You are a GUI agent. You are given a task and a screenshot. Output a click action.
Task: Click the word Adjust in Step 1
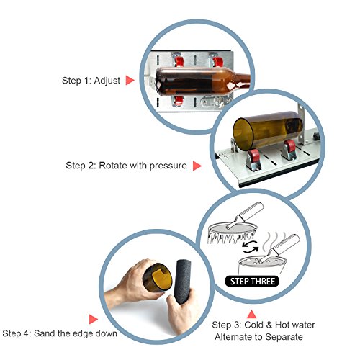point(107,81)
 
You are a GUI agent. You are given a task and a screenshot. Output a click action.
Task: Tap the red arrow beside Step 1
point(130,81)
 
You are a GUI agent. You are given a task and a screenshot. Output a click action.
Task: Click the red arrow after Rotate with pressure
point(197,166)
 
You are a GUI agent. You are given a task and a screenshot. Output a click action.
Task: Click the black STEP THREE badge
point(252,282)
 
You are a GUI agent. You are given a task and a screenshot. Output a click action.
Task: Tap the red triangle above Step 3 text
point(251,315)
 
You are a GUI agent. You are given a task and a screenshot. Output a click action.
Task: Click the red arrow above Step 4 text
point(93,319)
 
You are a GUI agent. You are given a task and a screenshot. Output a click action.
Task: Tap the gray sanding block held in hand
point(183,282)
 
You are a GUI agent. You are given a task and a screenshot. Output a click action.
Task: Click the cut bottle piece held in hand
point(158,278)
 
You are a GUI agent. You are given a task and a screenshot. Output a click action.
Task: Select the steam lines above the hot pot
point(274,240)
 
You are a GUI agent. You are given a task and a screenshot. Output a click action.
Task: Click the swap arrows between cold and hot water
point(251,247)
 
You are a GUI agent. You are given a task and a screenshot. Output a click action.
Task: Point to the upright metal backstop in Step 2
point(302,125)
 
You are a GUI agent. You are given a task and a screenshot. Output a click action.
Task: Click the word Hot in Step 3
point(282,325)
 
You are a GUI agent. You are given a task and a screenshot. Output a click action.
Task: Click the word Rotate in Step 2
point(113,166)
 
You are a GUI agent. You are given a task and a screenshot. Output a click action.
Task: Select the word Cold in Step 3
point(253,325)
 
